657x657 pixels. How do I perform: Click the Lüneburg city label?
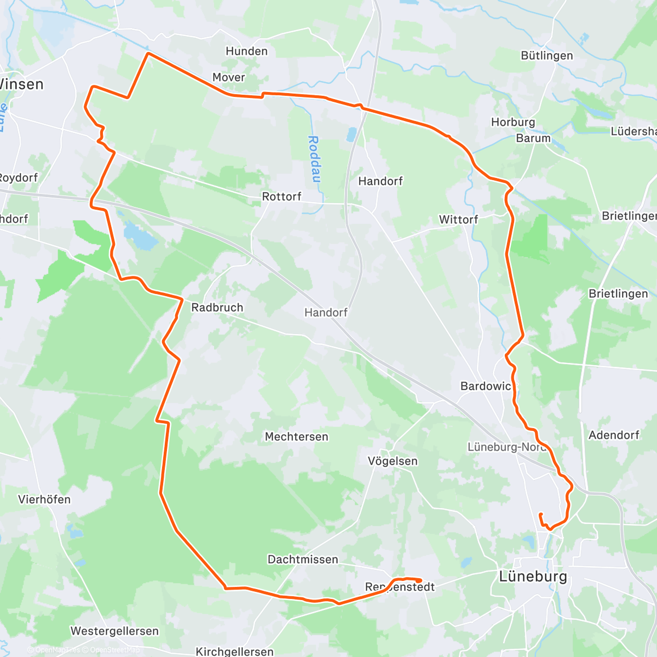[x=533, y=577]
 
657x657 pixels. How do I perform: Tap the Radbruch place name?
[x=217, y=308]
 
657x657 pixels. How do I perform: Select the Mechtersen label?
[x=296, y=437]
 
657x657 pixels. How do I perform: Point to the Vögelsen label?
[x=393, y=461]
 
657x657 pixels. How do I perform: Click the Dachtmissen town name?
[x=303, y=560]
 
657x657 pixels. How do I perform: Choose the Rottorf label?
[x=281, y=197]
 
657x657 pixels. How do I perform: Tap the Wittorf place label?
[x=458, y=220]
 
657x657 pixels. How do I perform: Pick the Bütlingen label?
[x=546, y=56]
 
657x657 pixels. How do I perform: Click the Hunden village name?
[x=246, y=51]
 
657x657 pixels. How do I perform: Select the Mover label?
[x=228, y=77]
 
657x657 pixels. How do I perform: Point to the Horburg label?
[x=512, y=122]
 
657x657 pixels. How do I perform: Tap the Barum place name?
[x=533, y=138]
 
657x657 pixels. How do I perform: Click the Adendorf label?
[x=613, y=435]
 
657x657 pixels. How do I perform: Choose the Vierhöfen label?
[x=44, y=499]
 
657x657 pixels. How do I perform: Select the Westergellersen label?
[x=114, y=631]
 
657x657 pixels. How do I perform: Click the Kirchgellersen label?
[x=234, y=652]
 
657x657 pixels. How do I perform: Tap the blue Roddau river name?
[x=314, y=159]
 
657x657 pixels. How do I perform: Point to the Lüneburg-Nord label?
[x=506, y=447]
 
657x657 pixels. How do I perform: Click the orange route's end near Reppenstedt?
[x=420, y=580]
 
